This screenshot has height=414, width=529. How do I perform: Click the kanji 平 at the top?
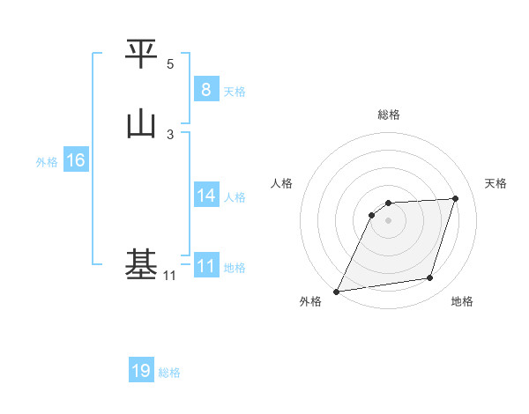click(141, 55)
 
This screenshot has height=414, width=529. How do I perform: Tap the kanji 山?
click(141, 123)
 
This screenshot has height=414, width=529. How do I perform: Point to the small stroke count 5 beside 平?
click(170, 64)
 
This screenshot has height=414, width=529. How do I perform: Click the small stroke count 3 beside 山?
click(170, 134)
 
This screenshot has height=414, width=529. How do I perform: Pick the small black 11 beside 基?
click(169, 276)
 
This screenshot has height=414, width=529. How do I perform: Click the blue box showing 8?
click(205, 89)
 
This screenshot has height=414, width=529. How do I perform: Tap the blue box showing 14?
click(205, 196)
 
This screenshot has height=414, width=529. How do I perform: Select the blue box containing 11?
click(205, 266)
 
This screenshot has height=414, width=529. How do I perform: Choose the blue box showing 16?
click(75, 160)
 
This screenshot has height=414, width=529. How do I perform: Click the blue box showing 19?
click(140, 371)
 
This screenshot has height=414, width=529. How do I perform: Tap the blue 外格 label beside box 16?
click(47, 161)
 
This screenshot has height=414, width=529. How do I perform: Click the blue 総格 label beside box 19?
click(169, 373)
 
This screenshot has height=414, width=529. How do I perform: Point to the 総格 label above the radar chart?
click(388, 115)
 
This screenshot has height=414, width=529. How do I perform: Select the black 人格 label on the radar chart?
click(281, 183)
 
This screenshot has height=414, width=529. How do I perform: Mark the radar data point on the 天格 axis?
click(456, 199)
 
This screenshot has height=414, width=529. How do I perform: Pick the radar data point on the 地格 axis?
click(430, 278)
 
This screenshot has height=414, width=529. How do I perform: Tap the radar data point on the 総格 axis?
click(388, 203)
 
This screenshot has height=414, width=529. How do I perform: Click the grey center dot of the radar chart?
click(388, 220)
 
